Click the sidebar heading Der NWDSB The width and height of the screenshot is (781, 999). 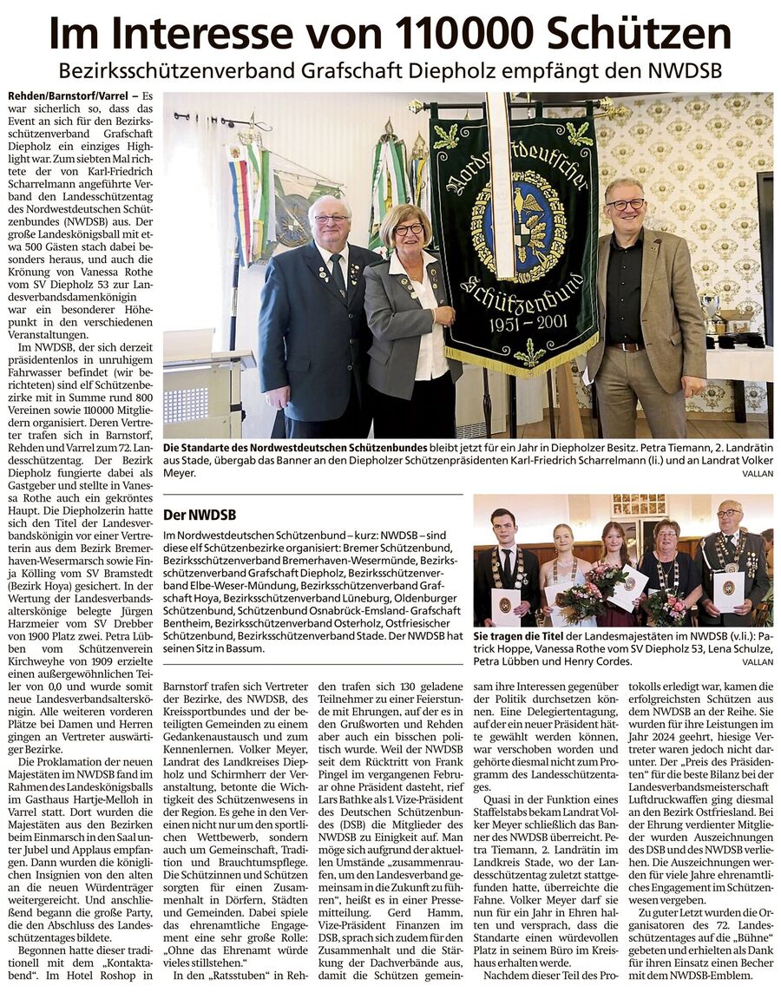coord(200,515)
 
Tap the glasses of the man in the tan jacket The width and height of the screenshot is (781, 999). coord(627,205)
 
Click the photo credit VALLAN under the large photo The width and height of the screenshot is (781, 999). coord(758,474)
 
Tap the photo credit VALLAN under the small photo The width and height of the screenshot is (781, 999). coord(758,661)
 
